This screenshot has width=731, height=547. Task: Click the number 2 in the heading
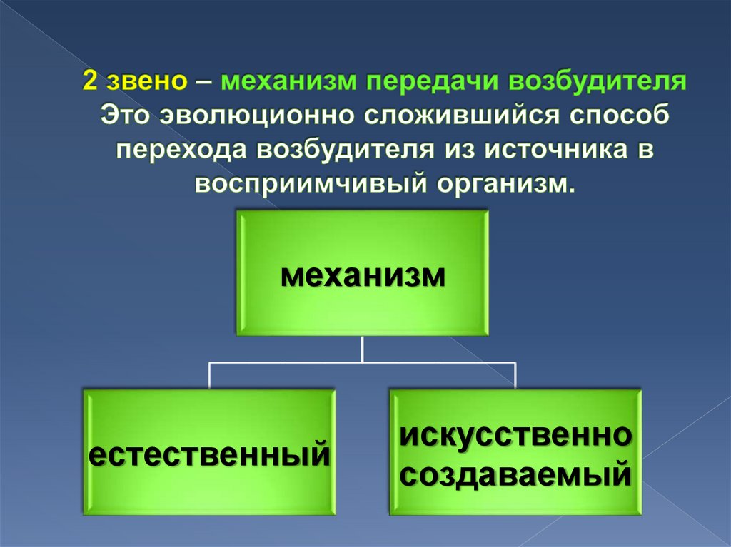point(91,81)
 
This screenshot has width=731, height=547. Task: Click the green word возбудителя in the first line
point(597,81)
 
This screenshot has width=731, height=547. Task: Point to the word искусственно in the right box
point(515,435)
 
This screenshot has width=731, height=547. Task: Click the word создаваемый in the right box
point(515,473)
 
